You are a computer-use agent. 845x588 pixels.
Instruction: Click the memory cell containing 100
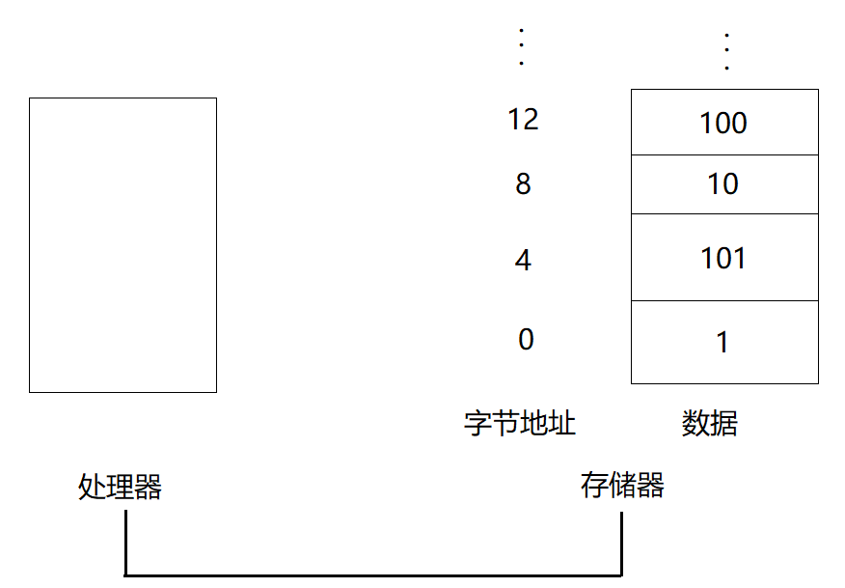(x=724, y=122)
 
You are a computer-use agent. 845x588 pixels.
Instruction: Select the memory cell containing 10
(x=724, y=184)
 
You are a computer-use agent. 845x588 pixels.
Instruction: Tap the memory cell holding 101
(x=724, y=258)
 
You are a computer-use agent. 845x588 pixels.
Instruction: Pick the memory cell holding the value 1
(x=724, y=342)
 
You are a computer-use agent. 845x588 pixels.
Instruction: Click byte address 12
(x=523, y=119)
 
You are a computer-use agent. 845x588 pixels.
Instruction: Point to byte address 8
(x=523, y=184)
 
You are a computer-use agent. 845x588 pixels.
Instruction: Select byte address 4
(x=523, y=260)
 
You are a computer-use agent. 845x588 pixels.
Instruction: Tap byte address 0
(x=526, y=339)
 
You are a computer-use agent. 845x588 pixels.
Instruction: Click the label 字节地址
(x=520, y=423)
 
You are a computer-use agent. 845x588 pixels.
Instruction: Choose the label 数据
(x=709, y=423)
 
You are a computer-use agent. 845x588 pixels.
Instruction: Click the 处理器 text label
(x=120, y=487)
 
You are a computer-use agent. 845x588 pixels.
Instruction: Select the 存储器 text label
(x=622, y=485)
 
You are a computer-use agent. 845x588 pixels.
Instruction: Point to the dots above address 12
(x=521, y=46)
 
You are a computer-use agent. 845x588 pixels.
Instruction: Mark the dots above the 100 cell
(x=727, y=51)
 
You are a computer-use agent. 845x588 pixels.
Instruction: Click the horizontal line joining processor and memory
(x=373, y=575)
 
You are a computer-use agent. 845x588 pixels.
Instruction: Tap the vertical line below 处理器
(x=125, y=544)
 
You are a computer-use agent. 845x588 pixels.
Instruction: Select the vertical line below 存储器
(x=622, y=544)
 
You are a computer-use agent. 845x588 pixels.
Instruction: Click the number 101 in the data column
(x=723, y=258)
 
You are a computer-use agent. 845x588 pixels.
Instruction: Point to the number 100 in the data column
(x=723, y=123)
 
